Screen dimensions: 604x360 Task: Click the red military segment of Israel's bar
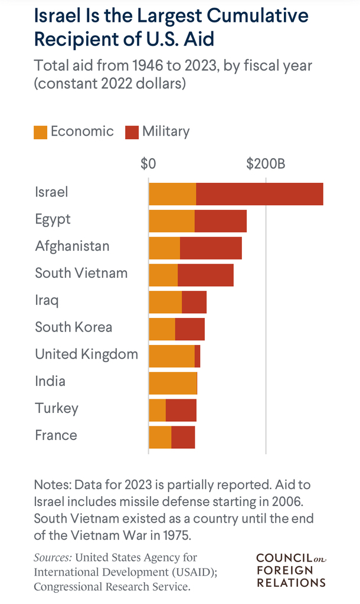click(x=260, y=194)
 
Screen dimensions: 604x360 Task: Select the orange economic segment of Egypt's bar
click(x=172, y=221)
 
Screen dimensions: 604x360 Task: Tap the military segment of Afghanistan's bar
click(x=211, y=248)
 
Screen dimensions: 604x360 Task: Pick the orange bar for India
click(x=172, y=383)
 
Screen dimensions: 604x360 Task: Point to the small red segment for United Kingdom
click(x=197, y=356)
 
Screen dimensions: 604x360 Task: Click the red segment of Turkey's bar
click(x=181, y=410)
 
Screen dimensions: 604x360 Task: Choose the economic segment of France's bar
click(x=160, y=437)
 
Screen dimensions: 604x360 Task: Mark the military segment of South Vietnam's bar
click(x=205, y=275)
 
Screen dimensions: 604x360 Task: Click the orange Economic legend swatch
click(x=40, y=132)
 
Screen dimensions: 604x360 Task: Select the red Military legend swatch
click(x=132, y=132)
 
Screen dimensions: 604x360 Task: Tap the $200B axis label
click(x=266, y=163)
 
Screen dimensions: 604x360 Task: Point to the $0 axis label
click(x=148, y=163)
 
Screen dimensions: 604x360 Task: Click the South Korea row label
click(x=73, y=327)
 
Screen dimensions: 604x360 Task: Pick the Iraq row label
click(x=47, y=300)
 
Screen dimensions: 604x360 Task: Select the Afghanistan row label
click(x=72, y=246)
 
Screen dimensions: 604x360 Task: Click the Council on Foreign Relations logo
click(x=291, y=570)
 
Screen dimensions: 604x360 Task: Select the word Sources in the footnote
click(x=53, y=557)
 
